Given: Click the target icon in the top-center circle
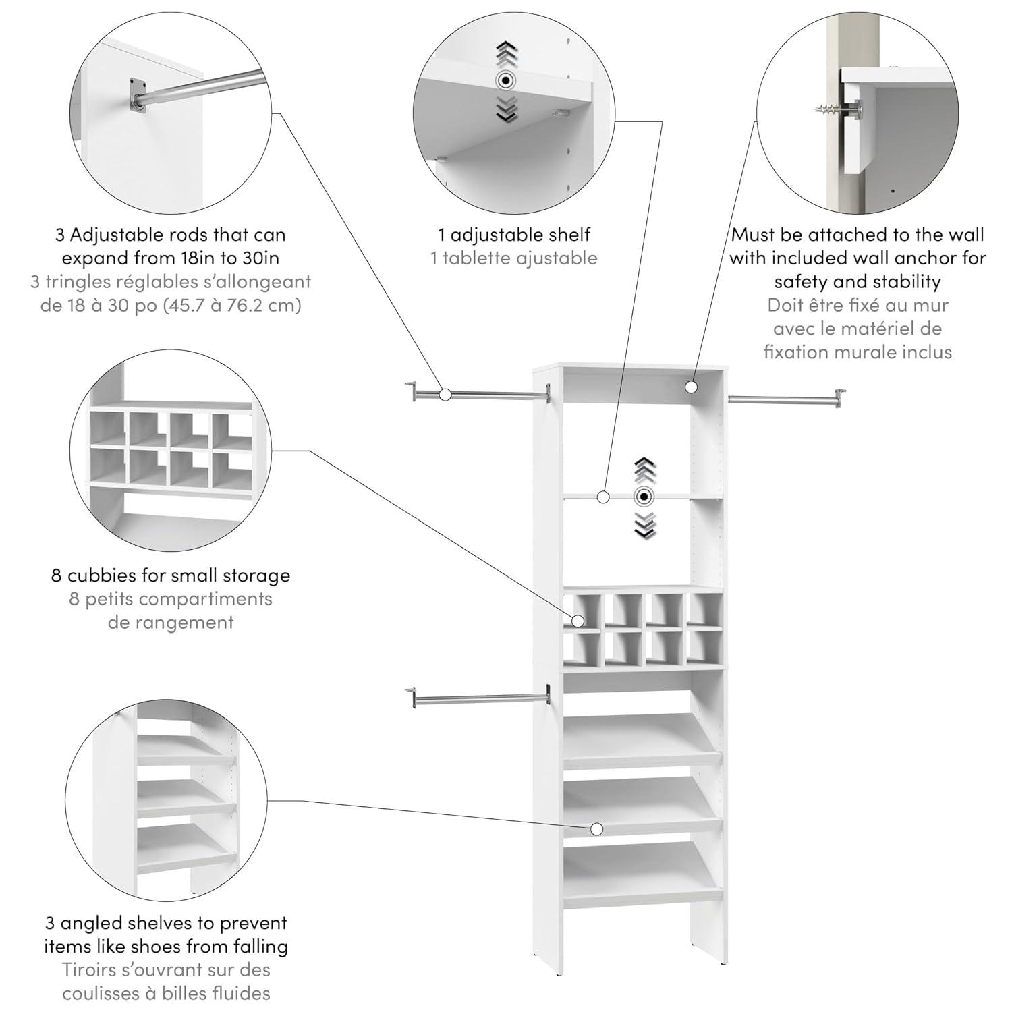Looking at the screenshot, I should (x=505, y=81).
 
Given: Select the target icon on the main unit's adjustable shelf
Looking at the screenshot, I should (x=645, y=497).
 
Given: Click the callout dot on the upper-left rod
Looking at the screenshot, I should (x=445, y=395).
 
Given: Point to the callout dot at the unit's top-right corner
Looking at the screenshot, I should (x=691, y=387).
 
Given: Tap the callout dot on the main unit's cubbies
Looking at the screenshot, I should (x=578, y=620).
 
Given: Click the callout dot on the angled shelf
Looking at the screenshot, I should (x=596, y=828).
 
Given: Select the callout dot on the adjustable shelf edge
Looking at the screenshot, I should (x=603, y=497).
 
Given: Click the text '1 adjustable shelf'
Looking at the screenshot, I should (x=514, y=235).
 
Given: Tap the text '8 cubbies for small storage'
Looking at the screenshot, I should (x=171, y=575).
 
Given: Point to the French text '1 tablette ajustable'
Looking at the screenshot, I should (x=514, y=258).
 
